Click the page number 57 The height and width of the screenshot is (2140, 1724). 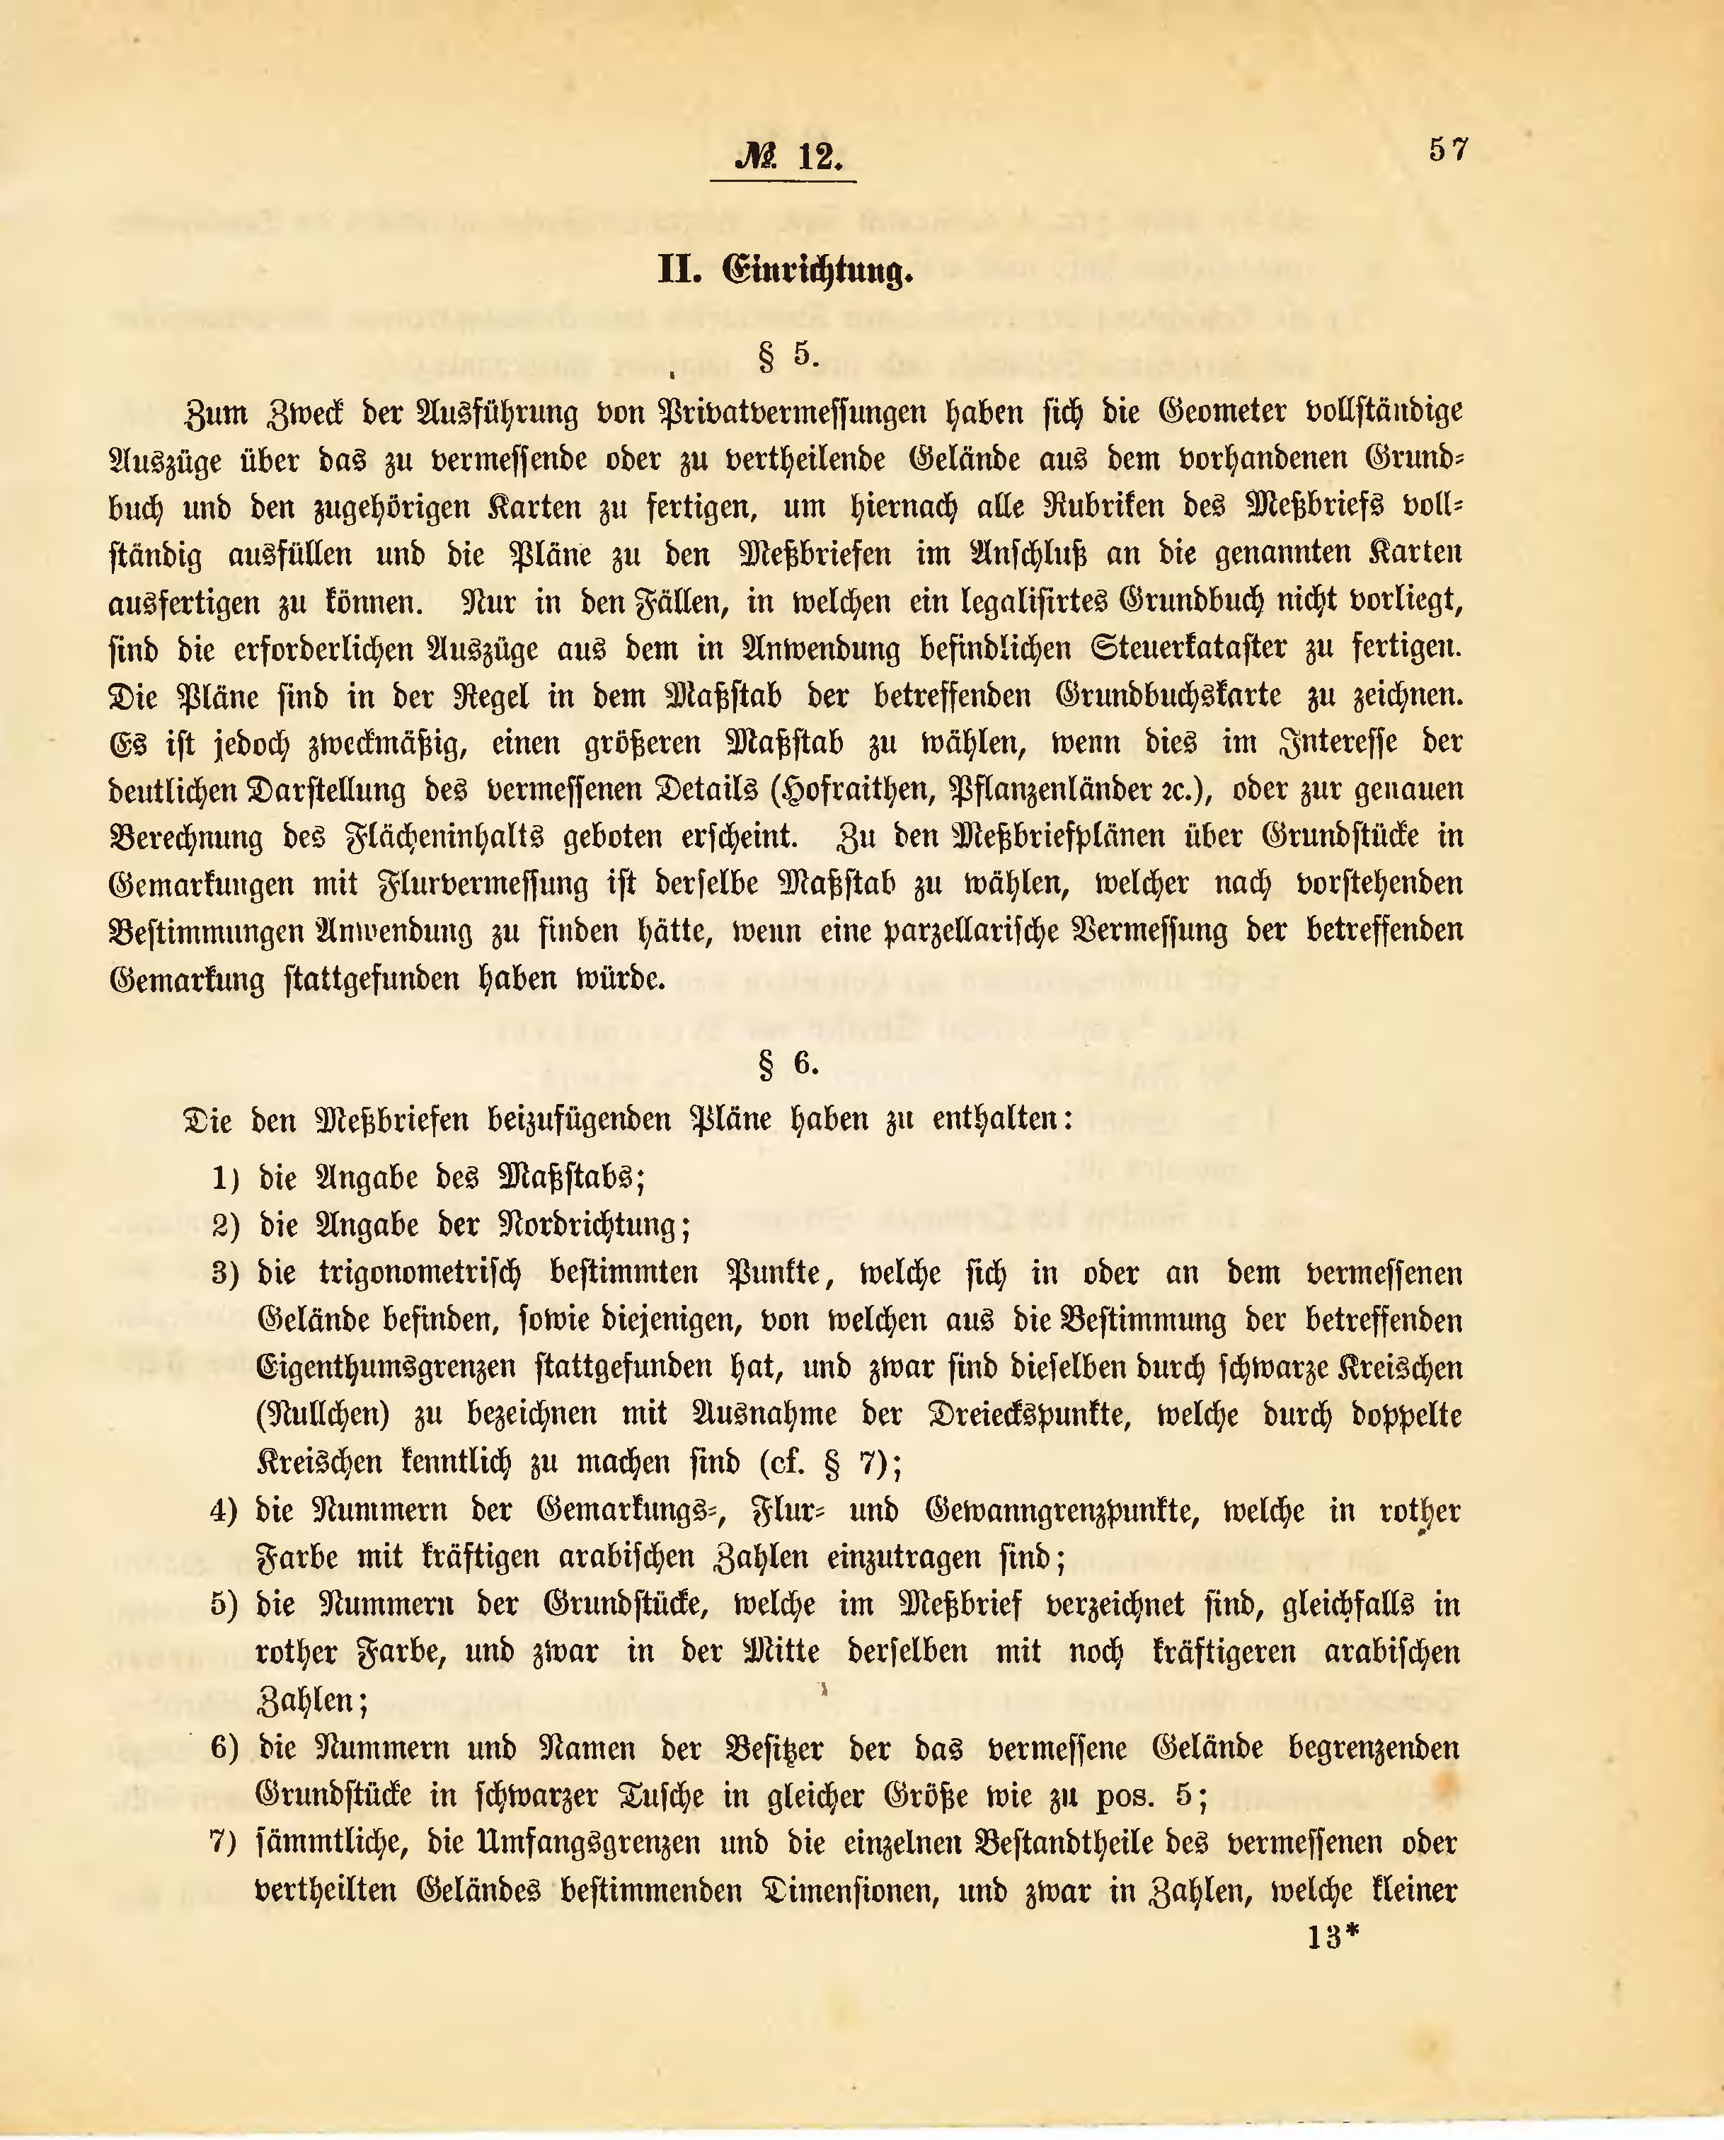pyautogui.click(x=1448, y=150)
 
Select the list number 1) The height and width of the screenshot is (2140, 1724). pyautogui.click(x=226, y=1179)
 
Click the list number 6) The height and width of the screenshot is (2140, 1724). pyautogui.click(x=224, y=1749)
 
